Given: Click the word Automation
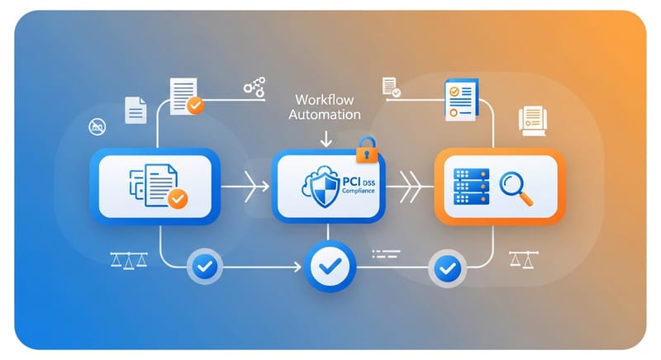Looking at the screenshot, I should [x=324, y=115].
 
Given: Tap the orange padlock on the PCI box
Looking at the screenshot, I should [x=366, y=151].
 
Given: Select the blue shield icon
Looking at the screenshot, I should [x=318, y=186].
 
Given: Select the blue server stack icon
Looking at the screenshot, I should [x=473, y=187].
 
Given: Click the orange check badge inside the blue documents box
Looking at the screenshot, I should [x=178, y=198].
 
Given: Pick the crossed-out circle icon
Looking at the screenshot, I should [x=97, y=126].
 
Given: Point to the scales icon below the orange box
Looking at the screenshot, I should [x=522, y=260].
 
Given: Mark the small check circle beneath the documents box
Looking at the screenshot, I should [x=203, y=266].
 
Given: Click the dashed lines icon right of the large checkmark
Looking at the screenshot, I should [x=386, y=255].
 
